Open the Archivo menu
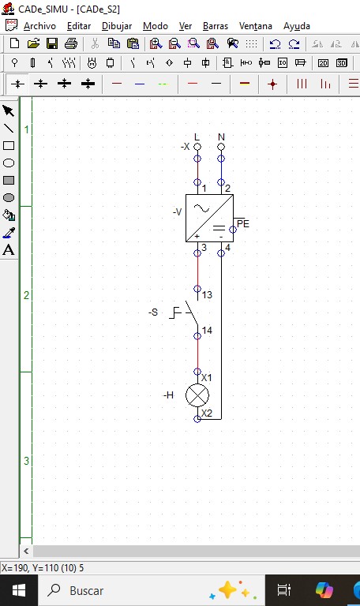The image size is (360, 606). point(39,26)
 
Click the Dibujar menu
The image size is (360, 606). point(117,26)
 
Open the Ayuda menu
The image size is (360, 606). point(297,26)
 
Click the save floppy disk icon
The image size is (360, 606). point(52,43)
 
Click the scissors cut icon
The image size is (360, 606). point(95,43)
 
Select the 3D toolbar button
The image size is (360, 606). point(341,63)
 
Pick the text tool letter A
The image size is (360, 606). point(9,250)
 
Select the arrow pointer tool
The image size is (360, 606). point(8,111)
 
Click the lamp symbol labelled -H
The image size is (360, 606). point(197,395)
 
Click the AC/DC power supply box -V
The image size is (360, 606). point(209,218)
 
